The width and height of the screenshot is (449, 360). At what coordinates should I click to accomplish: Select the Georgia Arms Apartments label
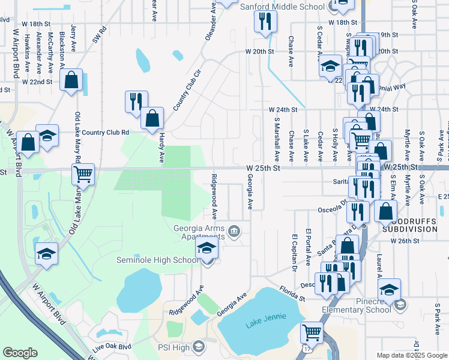pos(199,232)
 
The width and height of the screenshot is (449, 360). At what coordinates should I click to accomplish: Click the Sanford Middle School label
pos(282,7)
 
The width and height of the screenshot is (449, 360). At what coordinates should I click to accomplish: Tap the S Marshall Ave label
pos(277,139)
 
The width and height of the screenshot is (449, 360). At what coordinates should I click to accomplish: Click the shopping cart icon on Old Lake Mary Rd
pos(83,175)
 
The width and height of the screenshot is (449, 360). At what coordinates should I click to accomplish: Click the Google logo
pos(20,353)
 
